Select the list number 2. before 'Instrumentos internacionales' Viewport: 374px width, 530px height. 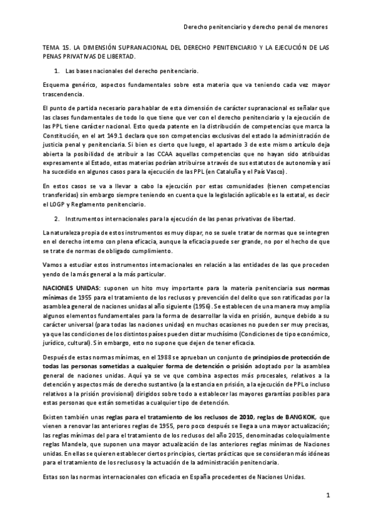(x=57, y=217)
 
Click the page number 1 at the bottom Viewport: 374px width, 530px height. (x=328, y=495)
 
